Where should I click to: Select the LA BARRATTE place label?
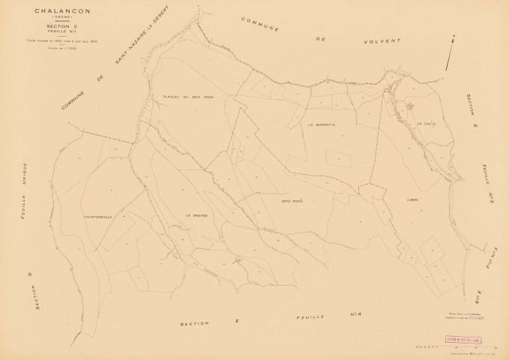(322, 124)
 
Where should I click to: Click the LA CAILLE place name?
(415, 124)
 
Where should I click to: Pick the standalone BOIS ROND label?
(292, 201)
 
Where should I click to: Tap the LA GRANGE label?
(196, 215)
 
